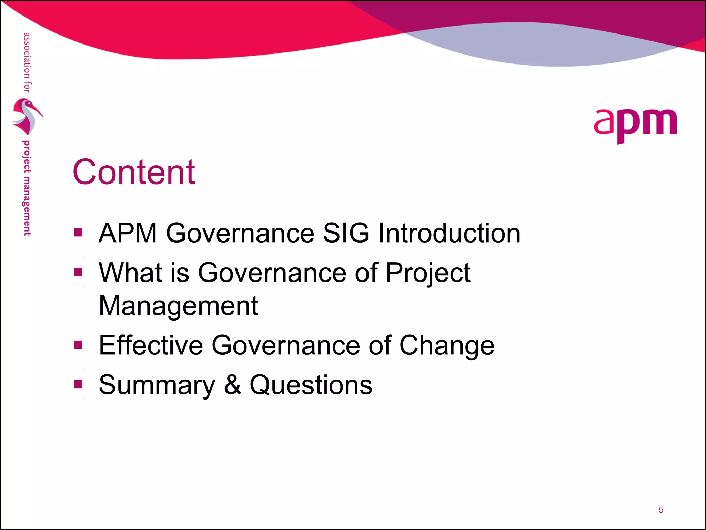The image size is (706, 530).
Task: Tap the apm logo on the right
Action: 635,125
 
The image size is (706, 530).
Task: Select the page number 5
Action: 661,510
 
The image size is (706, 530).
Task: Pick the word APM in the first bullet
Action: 128,233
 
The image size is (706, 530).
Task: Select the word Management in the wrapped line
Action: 178,306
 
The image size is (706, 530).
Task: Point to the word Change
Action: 447,346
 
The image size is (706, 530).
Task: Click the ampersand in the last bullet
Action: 232,385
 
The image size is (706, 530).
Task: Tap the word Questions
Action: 311,385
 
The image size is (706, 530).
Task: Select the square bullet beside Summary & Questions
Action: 78,384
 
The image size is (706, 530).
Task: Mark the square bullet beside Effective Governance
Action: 78,344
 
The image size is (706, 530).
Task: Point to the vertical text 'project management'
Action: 27,188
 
